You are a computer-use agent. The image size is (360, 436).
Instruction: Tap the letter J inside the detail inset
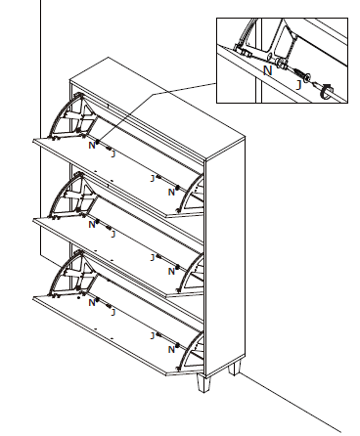[298, 84]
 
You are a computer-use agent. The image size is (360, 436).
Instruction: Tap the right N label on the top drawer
[171, 192]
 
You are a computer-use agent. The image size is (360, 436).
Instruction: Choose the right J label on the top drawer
[152, 179]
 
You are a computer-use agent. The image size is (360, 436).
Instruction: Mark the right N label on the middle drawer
[171, 271]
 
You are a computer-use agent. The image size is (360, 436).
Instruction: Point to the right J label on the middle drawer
[152, 257]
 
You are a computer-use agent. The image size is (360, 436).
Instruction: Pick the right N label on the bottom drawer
[171, 348]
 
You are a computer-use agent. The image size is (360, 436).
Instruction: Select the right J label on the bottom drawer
[152, 335]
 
